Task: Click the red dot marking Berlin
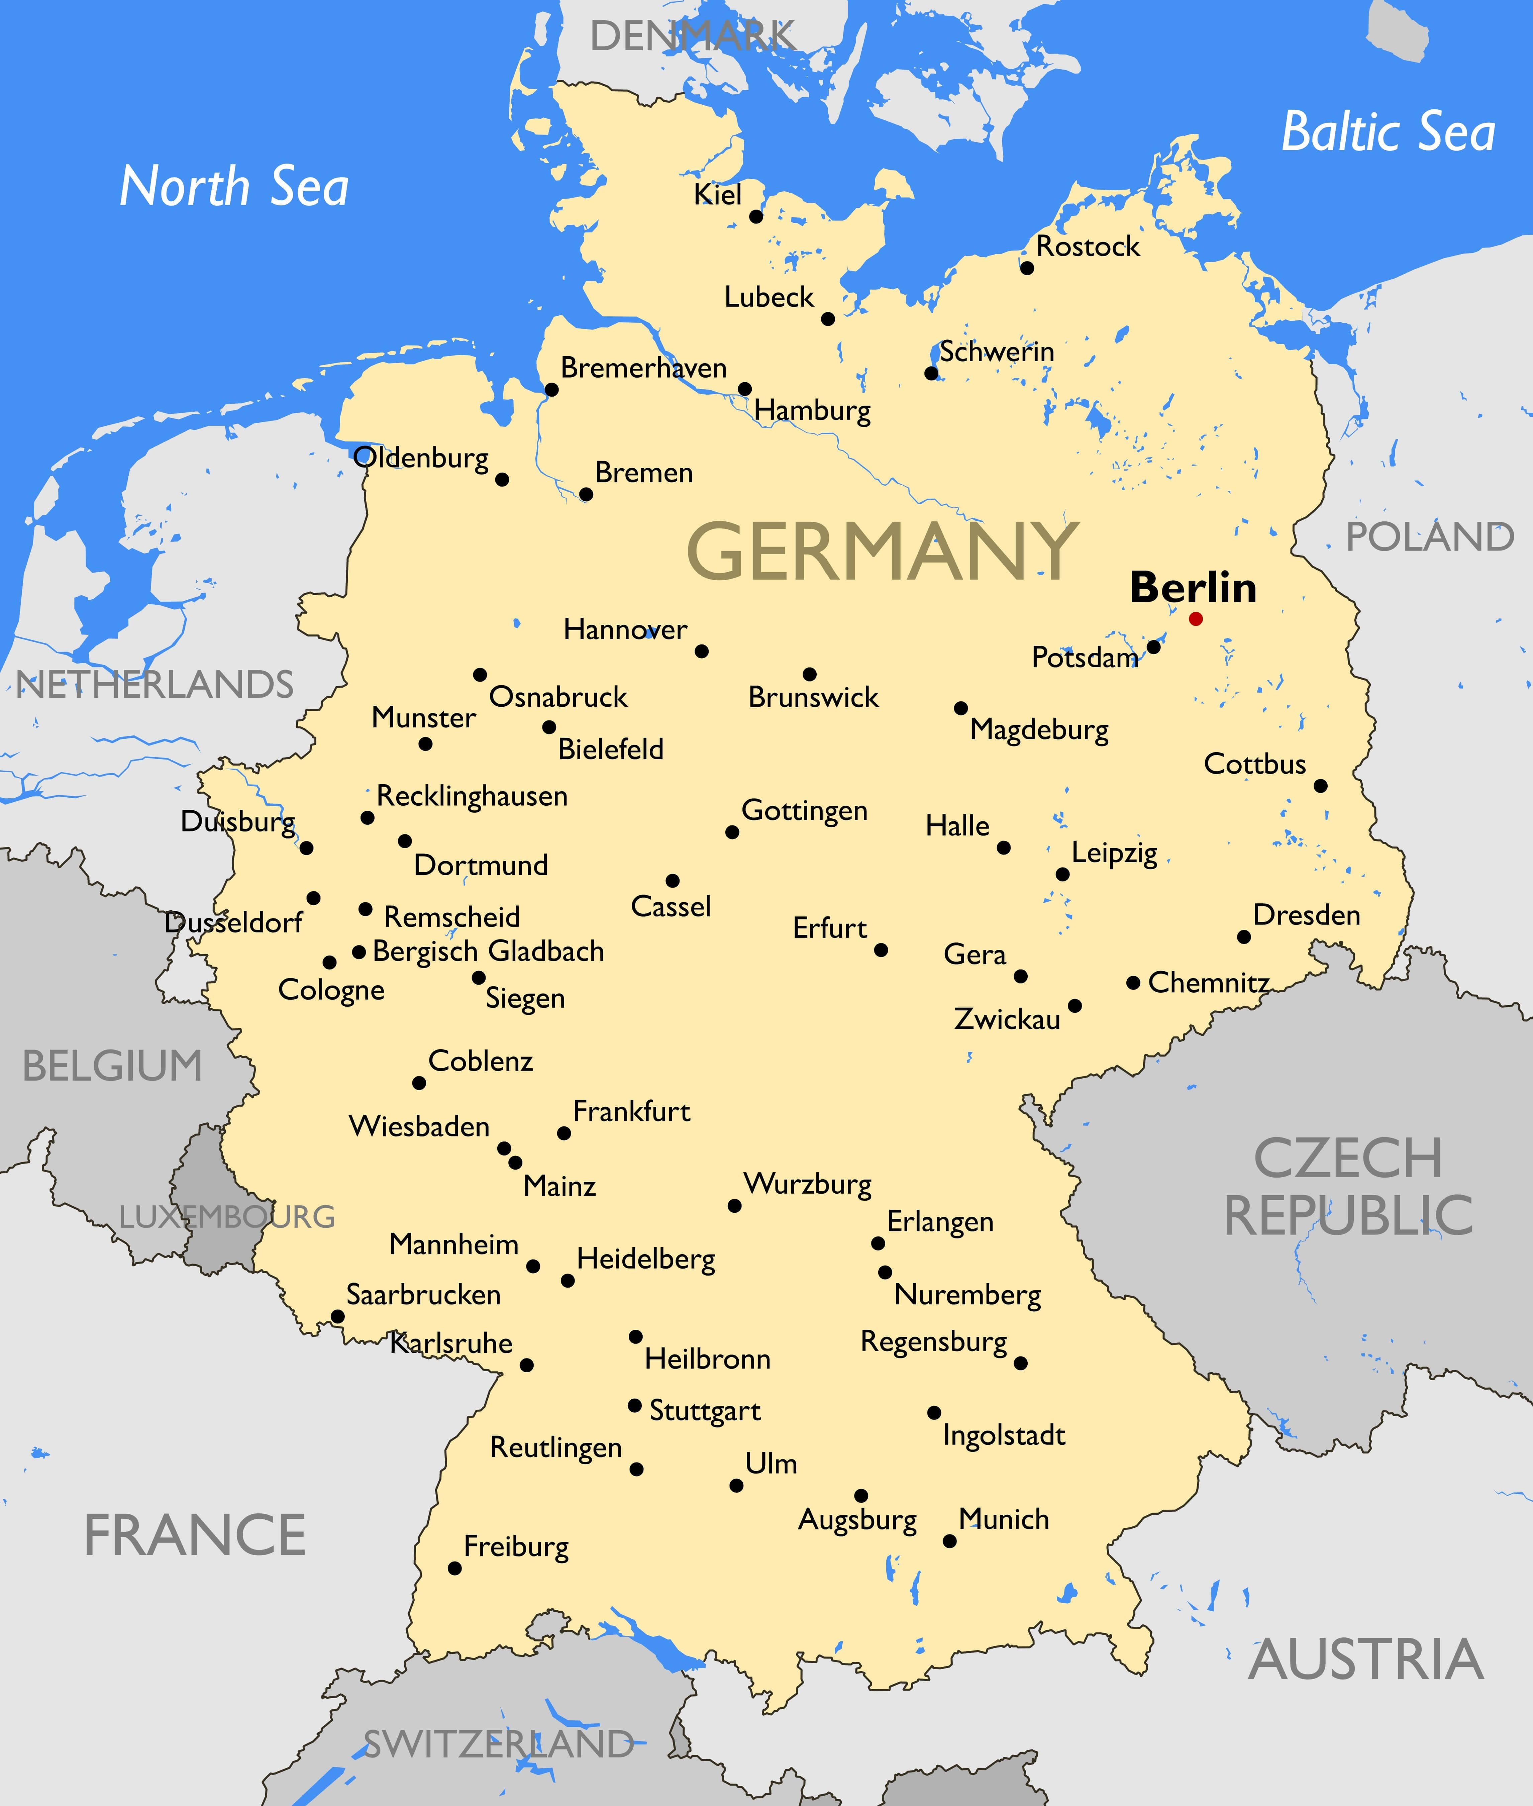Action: coord(1196,619)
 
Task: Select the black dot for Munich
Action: coord(950,1541)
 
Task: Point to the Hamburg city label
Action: coord(813,410)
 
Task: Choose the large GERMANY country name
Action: coord(882,552)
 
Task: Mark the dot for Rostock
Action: coord(1027,268)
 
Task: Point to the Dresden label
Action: coord(1306,915)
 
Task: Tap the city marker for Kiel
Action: coord(756,216)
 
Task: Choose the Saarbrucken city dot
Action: coord(338,1317)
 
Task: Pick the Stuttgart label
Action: coord(705,1411)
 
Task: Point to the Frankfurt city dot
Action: coord(564,1133)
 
